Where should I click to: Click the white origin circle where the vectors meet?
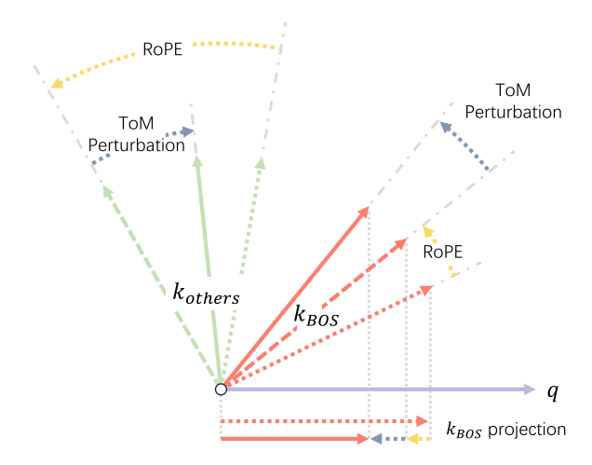tap(221, 389)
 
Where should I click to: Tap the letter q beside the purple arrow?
tap(551, 390)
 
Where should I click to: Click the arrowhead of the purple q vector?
tap(530, 389)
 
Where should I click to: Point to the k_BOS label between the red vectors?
tap(316, 315)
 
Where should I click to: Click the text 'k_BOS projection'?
tap(506, 431)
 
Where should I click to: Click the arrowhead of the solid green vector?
tap(197, 161)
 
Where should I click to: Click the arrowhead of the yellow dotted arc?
tap(57, 84)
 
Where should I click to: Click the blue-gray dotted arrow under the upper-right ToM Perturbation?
tap(465, 145)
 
